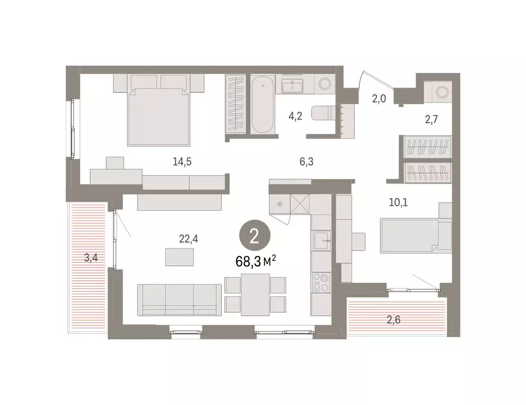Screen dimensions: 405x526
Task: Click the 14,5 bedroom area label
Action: [x=182, y=162]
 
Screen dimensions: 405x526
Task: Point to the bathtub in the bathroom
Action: [x=262, y=105]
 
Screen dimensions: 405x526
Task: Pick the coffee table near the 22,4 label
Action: [x=179, y=257]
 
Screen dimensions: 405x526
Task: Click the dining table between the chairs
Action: [x=255, y=294]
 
